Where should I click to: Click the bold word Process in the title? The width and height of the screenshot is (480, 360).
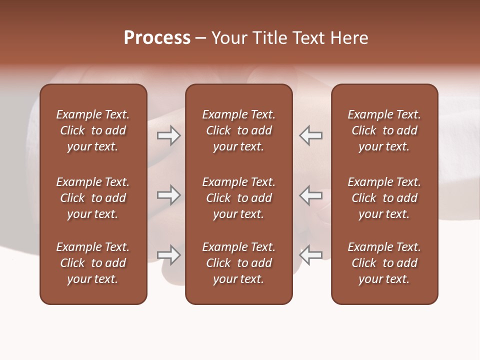point(157,38)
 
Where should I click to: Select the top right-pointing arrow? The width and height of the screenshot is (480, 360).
point(168,135)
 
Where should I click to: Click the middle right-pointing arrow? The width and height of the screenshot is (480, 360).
point(168,195)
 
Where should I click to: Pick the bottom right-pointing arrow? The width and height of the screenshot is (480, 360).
point(168,255)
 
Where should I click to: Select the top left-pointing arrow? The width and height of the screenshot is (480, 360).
point(311,135)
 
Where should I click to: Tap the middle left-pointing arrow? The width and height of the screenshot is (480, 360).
point(311,195)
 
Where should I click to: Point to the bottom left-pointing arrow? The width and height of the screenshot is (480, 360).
point(311,255)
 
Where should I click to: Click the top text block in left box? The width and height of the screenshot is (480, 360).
point(93,130)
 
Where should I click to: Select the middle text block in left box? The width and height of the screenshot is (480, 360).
point(93,198)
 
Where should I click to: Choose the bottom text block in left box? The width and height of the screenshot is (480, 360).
point(93,263)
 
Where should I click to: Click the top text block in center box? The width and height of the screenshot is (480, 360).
point(238,130)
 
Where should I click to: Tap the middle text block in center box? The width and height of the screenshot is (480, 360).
point(238,198)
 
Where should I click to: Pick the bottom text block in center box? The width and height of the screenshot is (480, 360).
point(238,263)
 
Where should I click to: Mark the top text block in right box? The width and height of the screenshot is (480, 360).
point(384,130)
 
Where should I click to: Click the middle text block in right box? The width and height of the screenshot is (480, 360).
point(384,198)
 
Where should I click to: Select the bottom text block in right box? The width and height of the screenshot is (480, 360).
point(384,263)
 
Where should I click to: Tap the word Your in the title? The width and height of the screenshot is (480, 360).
point(229,38)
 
